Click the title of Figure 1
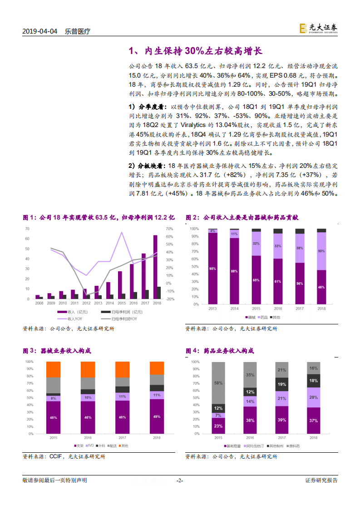click(x=99, y=218)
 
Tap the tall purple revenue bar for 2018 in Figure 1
click(x=155, y=267)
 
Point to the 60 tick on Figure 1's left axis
click(x=27, y=239)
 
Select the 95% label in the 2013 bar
click(x=212, y=269)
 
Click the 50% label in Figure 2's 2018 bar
click(x=321, y=251)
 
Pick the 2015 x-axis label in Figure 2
click(x=256, y=308)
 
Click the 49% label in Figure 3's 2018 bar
click(x=157, y=416)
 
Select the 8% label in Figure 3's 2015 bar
click(x=53, y=398)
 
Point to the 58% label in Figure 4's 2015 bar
click(x=218, y=383)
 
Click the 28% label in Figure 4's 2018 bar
click(x=313, y=397)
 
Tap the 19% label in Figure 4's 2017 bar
click(x=281, y=384)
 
